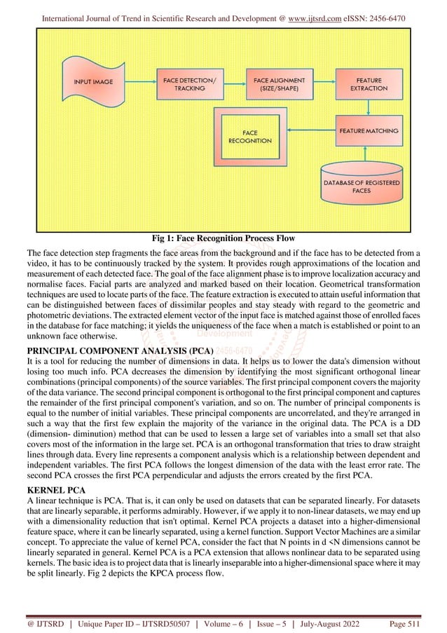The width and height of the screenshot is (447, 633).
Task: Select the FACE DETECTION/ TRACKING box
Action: [190, 85]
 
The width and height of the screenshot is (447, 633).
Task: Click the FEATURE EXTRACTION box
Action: [369, 85]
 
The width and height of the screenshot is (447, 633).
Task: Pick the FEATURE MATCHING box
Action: [369, 131]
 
